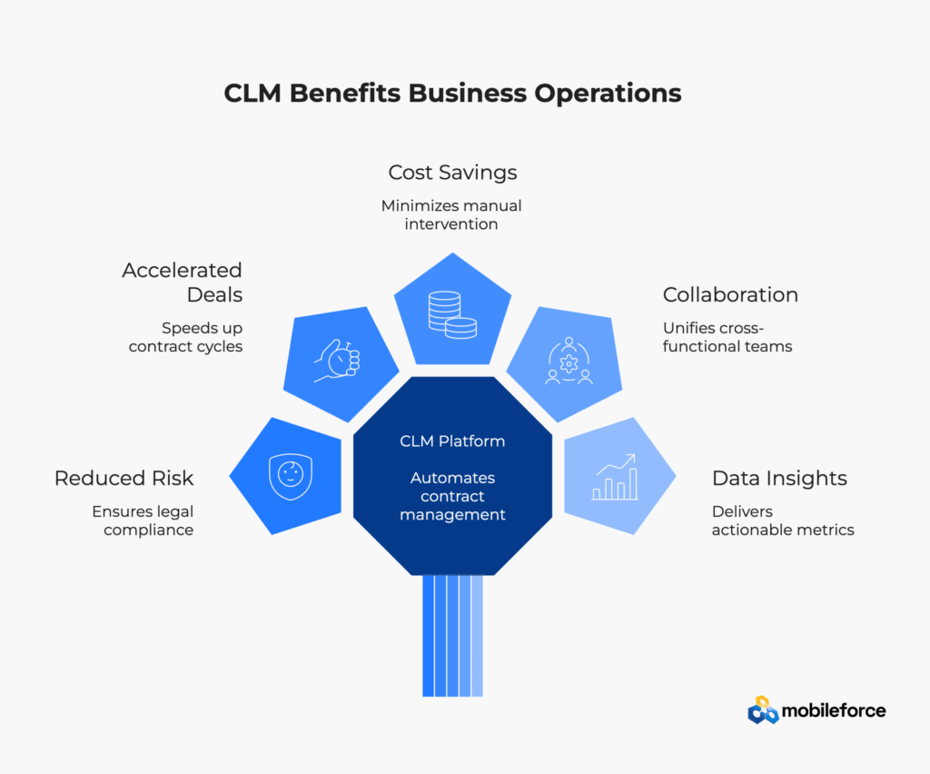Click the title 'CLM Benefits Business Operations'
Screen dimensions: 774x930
pos(452,94)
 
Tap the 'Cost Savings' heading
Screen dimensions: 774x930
pos(452,172)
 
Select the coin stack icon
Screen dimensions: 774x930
pos(452,313)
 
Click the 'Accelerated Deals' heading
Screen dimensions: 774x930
pos(182,282)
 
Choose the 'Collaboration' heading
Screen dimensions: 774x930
pos(730,294)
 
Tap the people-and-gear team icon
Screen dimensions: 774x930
pos(569,361)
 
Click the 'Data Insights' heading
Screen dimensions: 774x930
pos(779,478)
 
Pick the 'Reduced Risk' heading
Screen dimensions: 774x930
pos(124,478)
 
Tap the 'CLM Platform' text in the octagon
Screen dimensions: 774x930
pos(452,442)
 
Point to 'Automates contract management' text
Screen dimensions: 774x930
pos(452,496)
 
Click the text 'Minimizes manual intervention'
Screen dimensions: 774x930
pos(452,214)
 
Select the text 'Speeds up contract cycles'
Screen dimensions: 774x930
pos(185,337)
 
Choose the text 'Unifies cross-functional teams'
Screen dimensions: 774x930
pos(727,337)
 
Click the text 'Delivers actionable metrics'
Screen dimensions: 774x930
pos(782,520)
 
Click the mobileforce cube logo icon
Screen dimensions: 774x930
pos(763,710)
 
